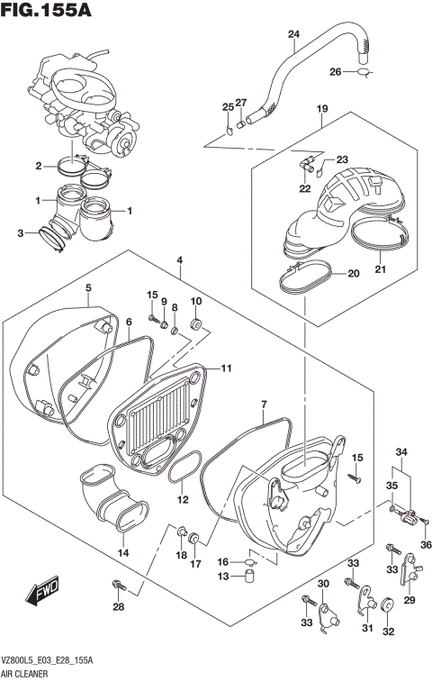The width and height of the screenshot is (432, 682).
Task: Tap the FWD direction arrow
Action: [43, 592]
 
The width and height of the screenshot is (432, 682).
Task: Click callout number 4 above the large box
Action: [180, 260]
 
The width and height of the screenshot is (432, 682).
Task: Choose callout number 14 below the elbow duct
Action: [123, 552]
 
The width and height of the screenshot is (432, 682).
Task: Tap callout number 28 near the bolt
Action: [117, 606]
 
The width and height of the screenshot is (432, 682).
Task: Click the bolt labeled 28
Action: [118, 587]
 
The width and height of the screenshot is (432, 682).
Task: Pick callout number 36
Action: [427, 543]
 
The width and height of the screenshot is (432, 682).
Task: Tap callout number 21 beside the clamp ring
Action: [379, 268]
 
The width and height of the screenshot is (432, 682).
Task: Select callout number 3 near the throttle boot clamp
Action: [21, 233]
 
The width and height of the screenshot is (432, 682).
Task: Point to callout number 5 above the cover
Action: [88, 288]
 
